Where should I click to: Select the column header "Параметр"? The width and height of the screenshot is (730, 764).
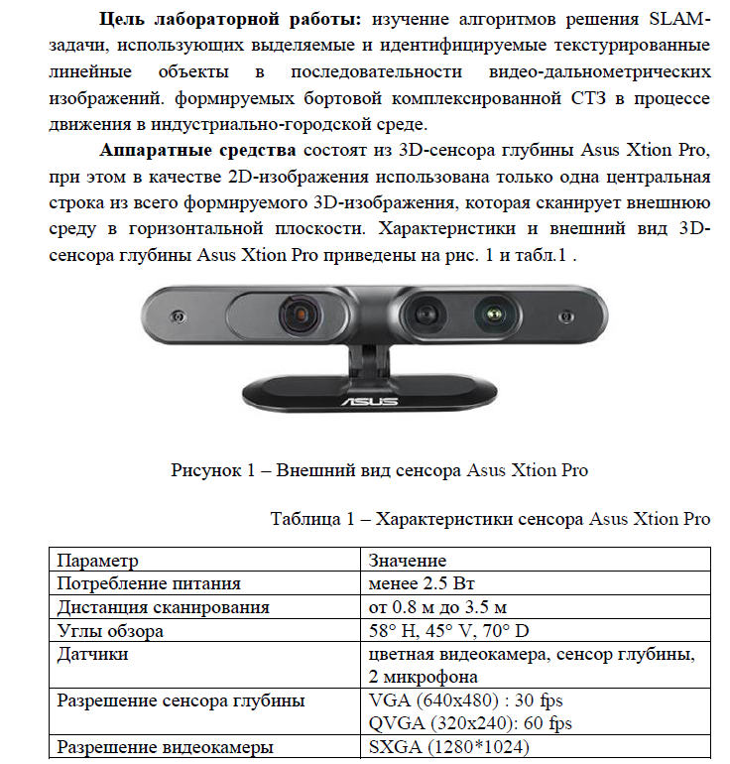tap(98, 561)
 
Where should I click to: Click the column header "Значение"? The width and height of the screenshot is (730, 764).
tap(407, 561)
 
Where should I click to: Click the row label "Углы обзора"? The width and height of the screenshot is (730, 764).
tap(110, 631)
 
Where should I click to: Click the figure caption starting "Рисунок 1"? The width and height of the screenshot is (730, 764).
tap(380, 470)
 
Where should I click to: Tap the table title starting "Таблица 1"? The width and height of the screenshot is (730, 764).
tap(490, 519)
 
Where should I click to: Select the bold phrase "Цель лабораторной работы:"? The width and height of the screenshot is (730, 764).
tap(236, 21)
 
